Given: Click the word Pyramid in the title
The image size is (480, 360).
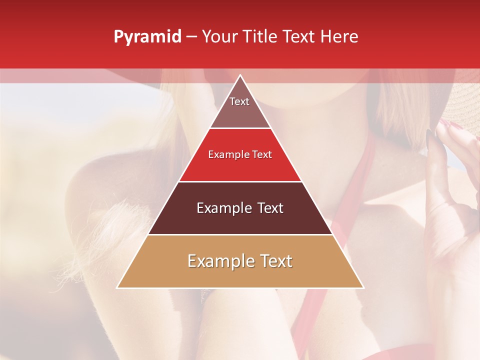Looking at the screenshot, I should pyautogui.click(x=147, y=37).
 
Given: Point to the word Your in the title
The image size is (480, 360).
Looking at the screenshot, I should pyautogui.click(x=218, y=37).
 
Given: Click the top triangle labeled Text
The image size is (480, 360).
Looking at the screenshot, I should pyautogui.click(x=239, y=107).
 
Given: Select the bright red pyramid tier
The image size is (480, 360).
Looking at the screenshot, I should pyautogui.click(x=240, y=160).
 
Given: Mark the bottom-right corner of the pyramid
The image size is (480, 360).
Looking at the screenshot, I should pyautogui.click(x=363, y=287).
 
